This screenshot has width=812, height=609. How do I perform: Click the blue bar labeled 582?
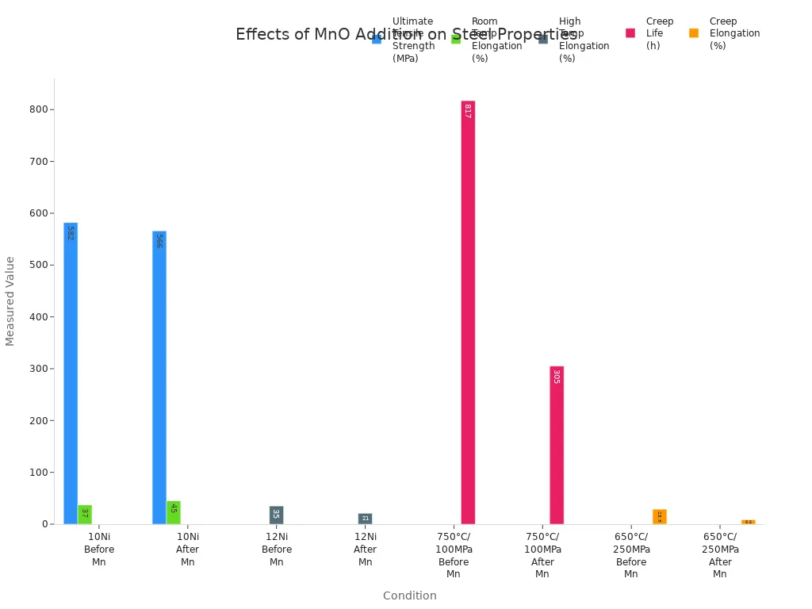tap(71, 373)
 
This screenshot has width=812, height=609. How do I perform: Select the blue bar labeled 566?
tap(159, 377)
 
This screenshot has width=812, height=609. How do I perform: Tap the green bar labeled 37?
tap(85, 515)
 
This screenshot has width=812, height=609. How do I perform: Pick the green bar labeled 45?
tap(174, 512)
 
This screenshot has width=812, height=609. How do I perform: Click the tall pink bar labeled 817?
tap(468, 312)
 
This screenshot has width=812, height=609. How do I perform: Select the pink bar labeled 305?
tap(557, 445)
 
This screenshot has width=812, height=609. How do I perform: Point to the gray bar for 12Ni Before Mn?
tap(276, 515)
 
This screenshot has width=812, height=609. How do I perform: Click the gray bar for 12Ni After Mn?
tap(365, 519)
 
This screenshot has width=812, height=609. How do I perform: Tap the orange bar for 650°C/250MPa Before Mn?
tap(660, 517)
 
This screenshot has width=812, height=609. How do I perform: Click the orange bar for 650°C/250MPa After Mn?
tap(748, 522)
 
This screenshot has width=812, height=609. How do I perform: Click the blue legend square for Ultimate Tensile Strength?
tap(377, 39)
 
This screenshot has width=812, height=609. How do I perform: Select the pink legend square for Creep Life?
tap(630, 33)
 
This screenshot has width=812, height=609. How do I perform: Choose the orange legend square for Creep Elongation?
tap(694, 33)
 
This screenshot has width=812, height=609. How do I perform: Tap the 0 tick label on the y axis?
tap(44, 524)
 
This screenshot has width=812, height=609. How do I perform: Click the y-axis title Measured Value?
tap(10, 301)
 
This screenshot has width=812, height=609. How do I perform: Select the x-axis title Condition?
tap(409, 596)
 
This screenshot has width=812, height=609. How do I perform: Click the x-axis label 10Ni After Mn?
tap(188, 550)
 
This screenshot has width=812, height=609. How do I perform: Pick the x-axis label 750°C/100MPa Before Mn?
tap(454, 555)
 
